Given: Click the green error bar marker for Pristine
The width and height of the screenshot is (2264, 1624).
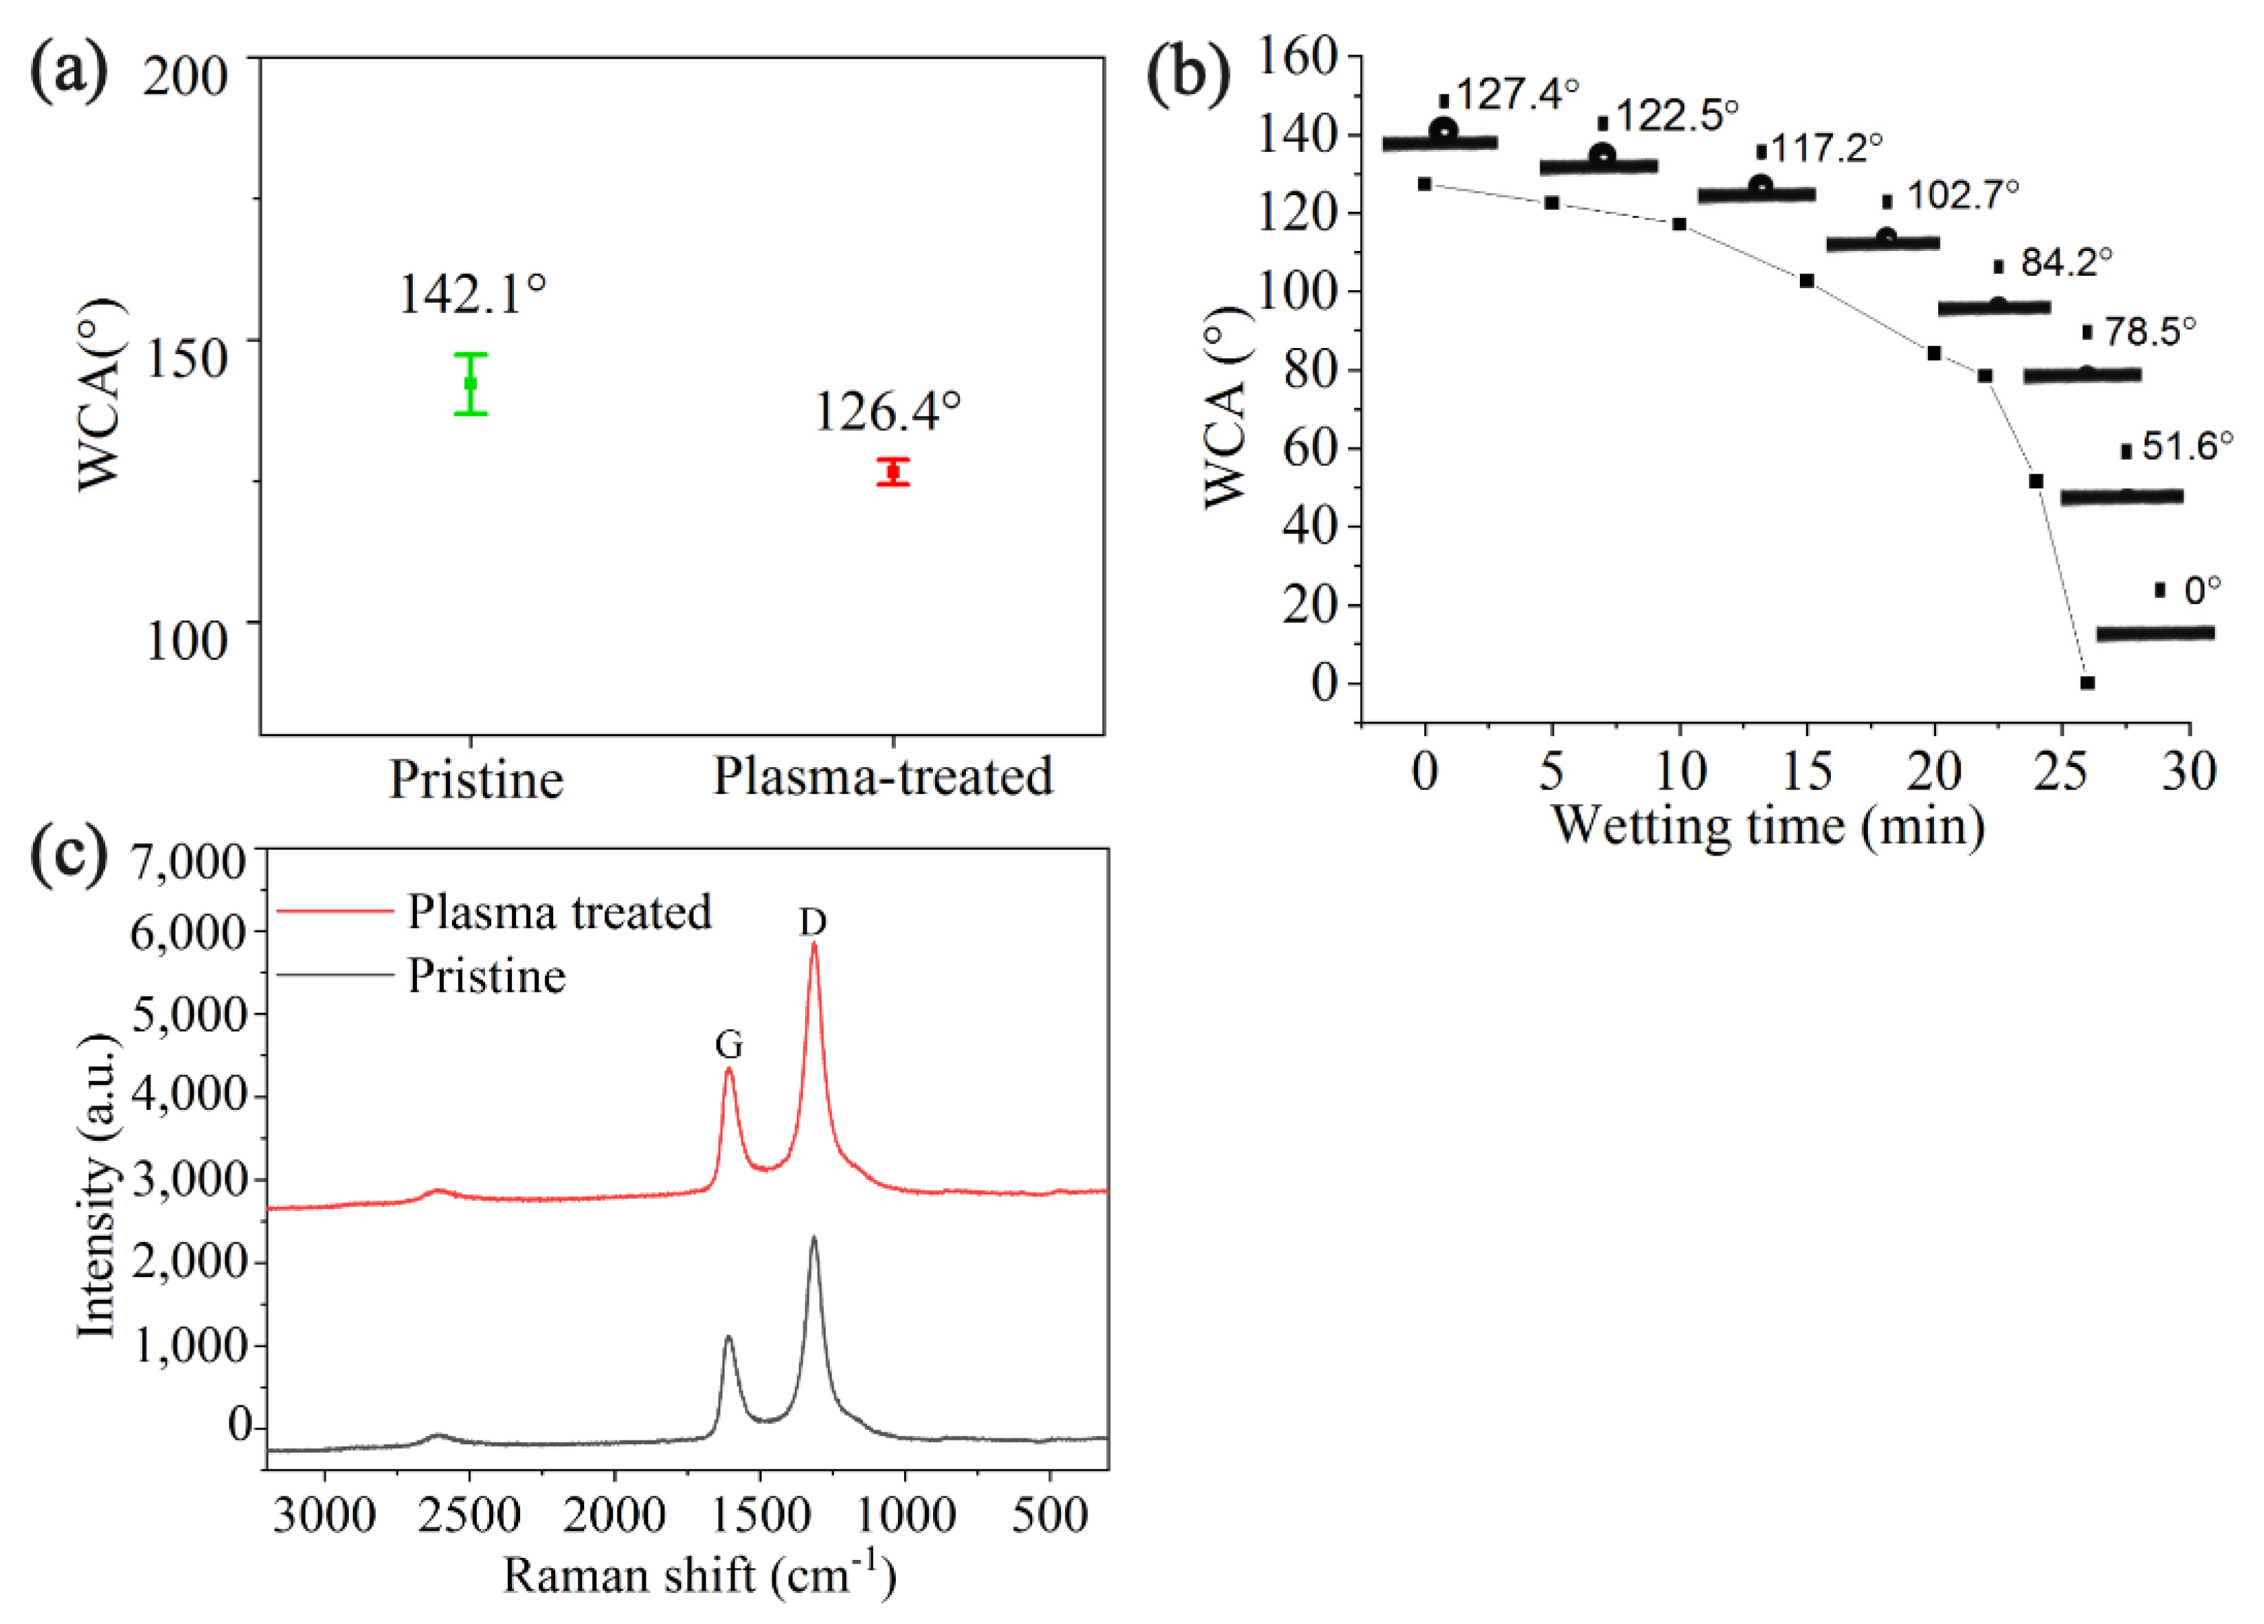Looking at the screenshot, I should pos(470,383).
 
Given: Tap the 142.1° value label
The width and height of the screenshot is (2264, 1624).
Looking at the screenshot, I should pos(472,293).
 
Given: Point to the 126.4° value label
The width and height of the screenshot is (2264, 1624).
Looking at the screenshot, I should pos(887,412).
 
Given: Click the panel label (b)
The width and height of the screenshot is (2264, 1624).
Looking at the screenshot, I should pos(1187,75).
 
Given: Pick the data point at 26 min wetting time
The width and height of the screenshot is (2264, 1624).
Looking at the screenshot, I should pos(2087,683).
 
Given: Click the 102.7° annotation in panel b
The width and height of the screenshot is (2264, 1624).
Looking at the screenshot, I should pos(1962,194).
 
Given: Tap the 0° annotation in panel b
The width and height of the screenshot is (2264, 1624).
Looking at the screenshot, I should pos(2202,591).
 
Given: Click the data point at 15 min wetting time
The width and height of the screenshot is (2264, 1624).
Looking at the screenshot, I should pos(1807,281).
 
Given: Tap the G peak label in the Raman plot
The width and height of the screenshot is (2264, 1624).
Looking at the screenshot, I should pos(729,1045).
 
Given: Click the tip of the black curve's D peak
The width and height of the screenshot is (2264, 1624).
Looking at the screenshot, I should pos(814,1237).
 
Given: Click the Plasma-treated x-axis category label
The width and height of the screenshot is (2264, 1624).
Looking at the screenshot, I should pos(882,777).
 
